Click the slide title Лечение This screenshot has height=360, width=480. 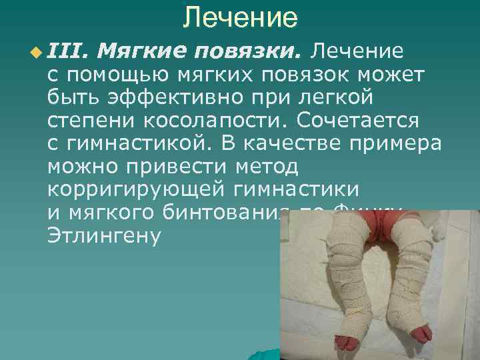(x=240, y=17)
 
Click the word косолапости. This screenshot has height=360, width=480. (x=227, y=121)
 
